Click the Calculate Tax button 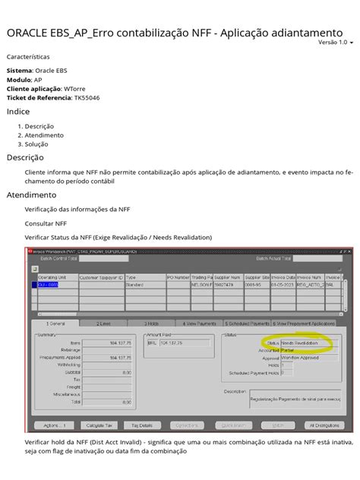coord(101,425)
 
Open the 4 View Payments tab coord(202,323)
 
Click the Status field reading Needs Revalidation coord(308,343)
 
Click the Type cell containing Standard coord(146,286)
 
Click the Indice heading coord(18,112)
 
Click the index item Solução coord(36,144)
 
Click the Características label coord(29,56)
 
